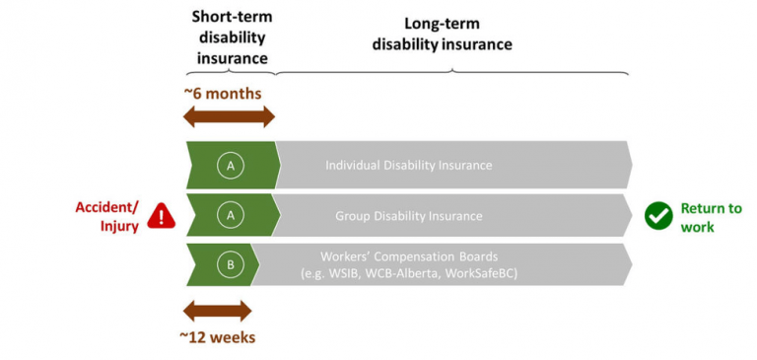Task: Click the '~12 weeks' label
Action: click(x=219, y=337)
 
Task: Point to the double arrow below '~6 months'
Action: click(x=230, y=117)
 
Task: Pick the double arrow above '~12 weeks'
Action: click(x=218, y=313)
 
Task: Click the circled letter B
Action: click(x=230, y=264)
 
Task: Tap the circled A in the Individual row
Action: click(x=231, y=166)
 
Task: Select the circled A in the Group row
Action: click(x=231, y=215)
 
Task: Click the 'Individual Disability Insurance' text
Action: click(x=408, y=166)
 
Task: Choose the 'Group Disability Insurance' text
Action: click(x=409, y=215)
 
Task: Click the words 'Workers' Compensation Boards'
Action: click(x=408, y=254)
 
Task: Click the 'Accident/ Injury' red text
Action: click(x=107, y=216)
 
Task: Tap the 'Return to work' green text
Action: click(x=711, y=217)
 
